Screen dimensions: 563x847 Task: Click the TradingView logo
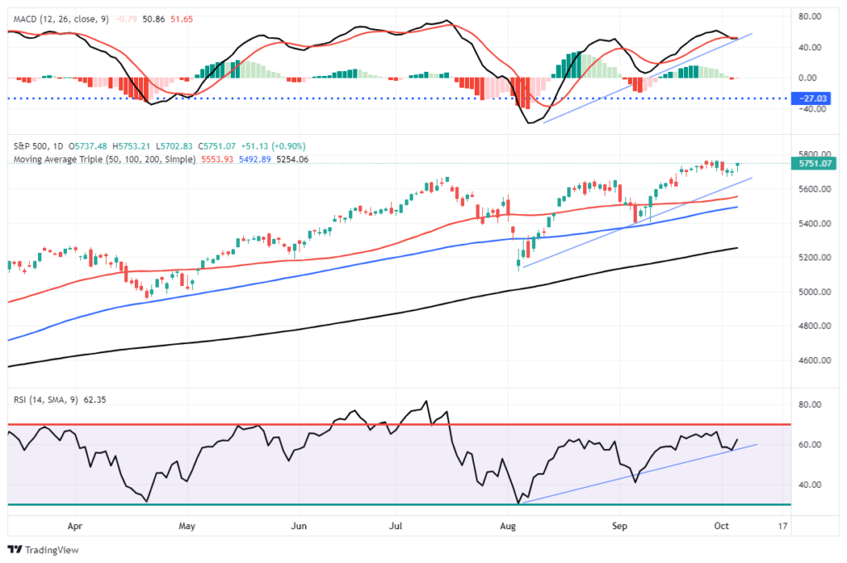point(41,550)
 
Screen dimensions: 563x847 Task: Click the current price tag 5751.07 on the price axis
point(814,164)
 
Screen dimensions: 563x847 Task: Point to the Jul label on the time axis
point(397,524)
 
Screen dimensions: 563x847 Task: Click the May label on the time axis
point(187,524)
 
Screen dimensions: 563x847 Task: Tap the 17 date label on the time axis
point(782,524)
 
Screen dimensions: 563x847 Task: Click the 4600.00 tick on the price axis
point(814,360)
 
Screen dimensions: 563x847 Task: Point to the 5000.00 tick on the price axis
point(814,292)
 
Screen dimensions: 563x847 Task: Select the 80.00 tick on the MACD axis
point(814,16)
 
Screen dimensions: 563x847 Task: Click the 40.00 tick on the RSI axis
point(814,484)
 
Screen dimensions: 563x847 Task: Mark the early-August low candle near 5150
point(519,265)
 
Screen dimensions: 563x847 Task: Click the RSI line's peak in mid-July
point(426,403)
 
